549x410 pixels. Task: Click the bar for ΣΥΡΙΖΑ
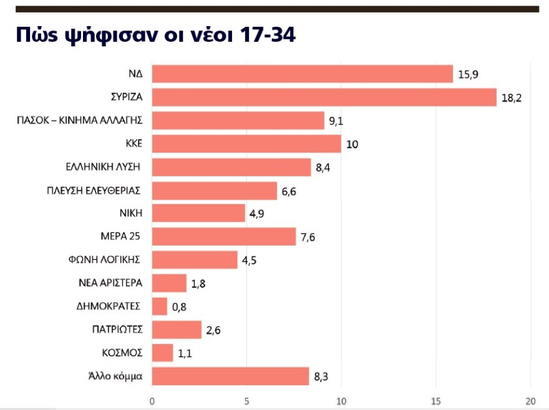pos(324,97)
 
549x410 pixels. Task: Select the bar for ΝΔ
pos(303,74)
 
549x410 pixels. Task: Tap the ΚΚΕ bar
pos(246,144)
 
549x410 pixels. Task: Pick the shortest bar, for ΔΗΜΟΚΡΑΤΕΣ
pos(160,306)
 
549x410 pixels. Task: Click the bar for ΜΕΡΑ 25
pos(224,237)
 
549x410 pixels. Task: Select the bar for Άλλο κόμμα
pos(231,376)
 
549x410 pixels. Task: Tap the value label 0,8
pos(180,307)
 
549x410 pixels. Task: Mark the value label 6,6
pos(289,191)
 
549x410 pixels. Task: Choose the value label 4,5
pos(250,260)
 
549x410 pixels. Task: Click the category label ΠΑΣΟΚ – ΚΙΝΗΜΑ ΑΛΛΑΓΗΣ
pos(80,120)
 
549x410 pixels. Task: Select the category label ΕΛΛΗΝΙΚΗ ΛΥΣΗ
pos(103,167)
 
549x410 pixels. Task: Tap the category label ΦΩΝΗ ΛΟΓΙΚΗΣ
pos(106,259)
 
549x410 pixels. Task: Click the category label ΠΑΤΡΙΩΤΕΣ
pos(117,329)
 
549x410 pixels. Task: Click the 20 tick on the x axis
pos(530,401)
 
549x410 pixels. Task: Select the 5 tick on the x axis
pos(246,401)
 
